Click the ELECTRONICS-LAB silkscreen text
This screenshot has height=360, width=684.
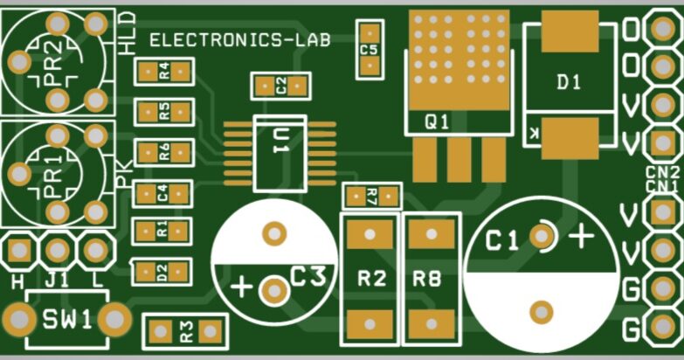tap(239, 40)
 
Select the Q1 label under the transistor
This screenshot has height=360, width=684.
tap(436, 122)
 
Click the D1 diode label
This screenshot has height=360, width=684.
tap(569, 82)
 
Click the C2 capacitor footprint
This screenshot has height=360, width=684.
tap(280, 86)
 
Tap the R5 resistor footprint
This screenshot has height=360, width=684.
tap(162, 112)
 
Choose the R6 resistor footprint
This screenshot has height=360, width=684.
tap(162, 153)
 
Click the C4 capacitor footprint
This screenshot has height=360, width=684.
tap(162, 193)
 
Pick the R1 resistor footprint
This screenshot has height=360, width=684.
tap(162, 231)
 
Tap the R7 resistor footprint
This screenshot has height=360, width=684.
tap(371, 196)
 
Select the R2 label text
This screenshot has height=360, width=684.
tap(371, 280)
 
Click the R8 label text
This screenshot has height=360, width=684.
tap(427, 280)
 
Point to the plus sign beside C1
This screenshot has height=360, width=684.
tap(582, 235)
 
